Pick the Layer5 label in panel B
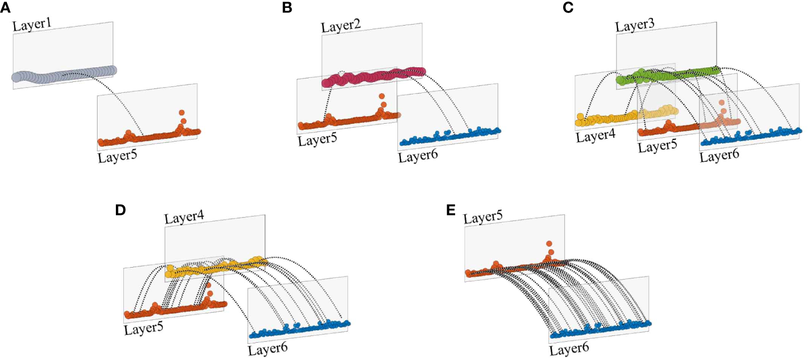click(x=318, y=141)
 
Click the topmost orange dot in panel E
click(x=549, y=244)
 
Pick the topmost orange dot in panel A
click(x=181, y=112)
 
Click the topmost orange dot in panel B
click(x=382, y=97)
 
